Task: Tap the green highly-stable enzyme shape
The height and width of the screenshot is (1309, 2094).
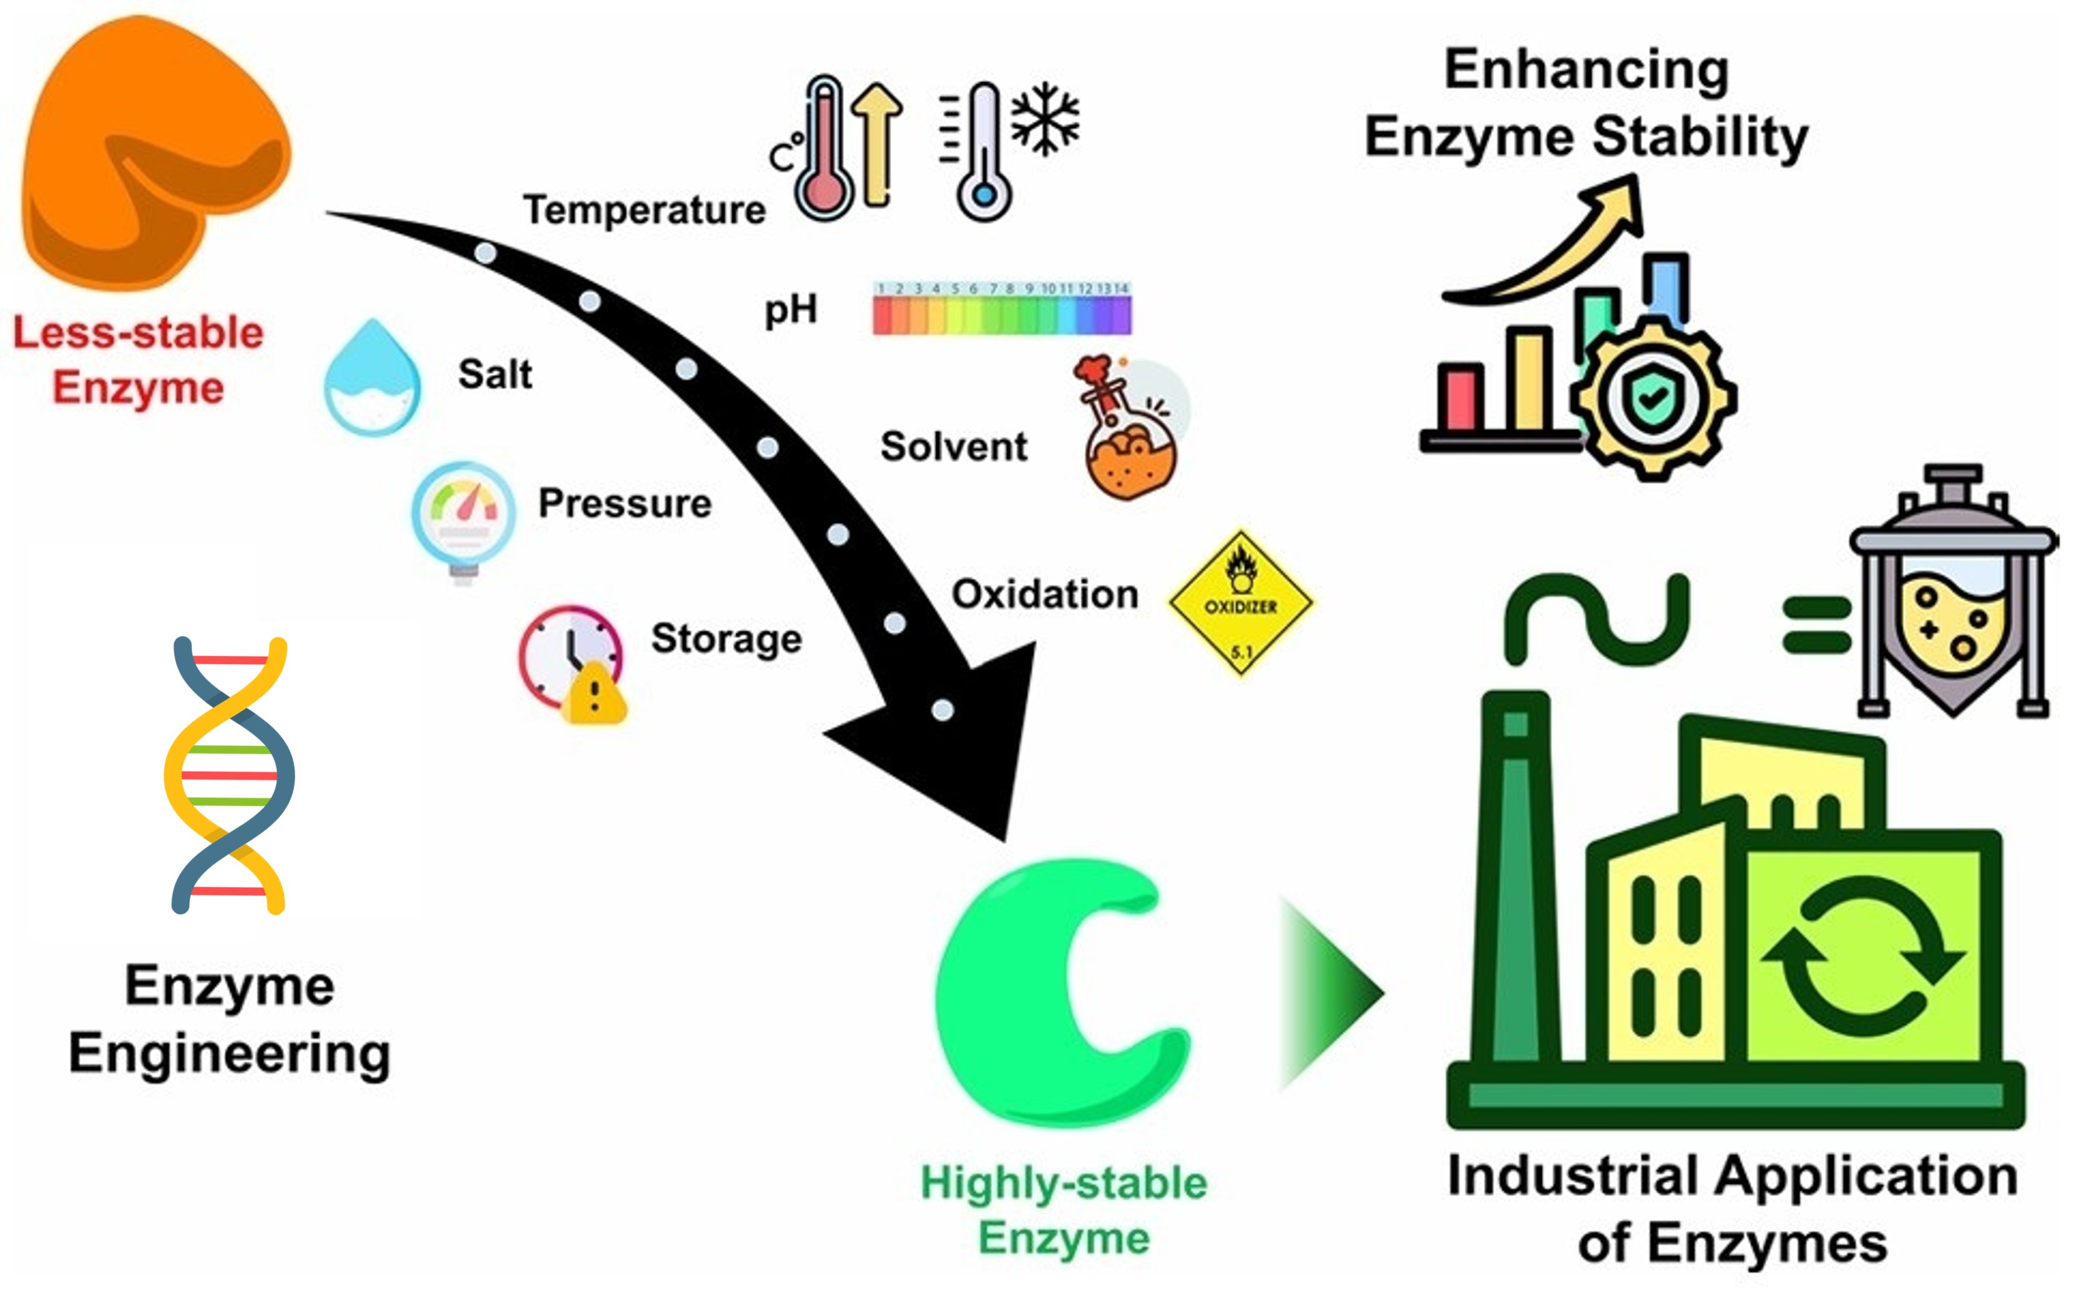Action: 1004,996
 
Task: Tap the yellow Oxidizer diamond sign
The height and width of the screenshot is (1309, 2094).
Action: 1240,604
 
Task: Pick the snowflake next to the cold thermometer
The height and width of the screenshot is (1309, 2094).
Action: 1045,119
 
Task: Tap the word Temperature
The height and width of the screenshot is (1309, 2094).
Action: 644,210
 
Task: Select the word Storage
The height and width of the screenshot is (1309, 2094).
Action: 725,639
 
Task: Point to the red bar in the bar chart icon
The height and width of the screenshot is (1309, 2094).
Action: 1460,398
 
